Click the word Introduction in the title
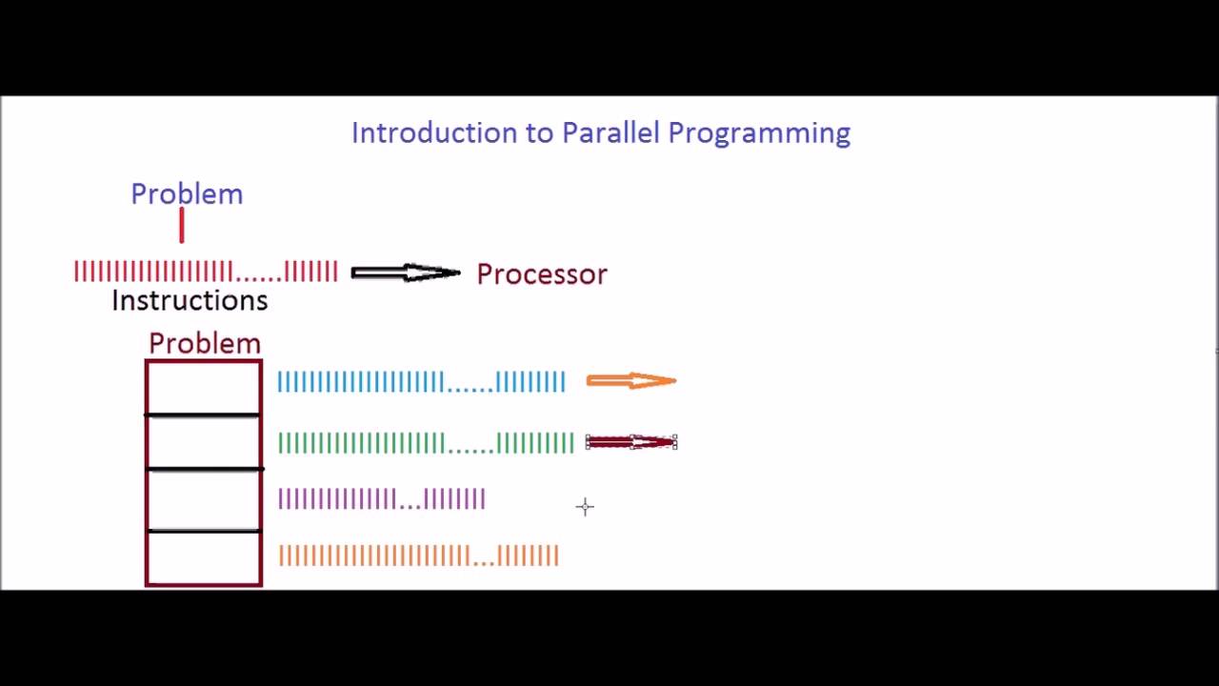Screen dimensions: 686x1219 pos(434,132)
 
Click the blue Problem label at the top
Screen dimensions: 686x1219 pos(187,194)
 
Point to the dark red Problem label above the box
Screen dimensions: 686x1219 pos(204,343)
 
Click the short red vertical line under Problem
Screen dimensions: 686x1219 pos(181,226)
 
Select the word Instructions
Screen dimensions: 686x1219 pos(190,301)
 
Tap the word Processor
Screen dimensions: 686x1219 pos(541,274)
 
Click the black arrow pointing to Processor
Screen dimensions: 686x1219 pos(406,273)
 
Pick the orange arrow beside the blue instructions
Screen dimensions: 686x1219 pos(631,381)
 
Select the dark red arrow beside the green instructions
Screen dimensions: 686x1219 pos(631,442)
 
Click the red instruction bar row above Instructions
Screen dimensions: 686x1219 pos(206,272)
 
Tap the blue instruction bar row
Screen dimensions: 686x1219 pos(421,382)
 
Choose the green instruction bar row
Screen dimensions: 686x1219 pos(426,443)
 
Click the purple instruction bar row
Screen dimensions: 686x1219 pos(382,499)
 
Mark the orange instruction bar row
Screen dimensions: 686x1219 pos(418,555)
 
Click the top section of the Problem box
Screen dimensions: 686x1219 pos(203,388)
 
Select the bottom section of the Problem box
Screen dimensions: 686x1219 pos(203,557)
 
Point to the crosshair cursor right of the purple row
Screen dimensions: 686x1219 pos(585,507)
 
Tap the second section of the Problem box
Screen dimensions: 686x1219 pos(203,442)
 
